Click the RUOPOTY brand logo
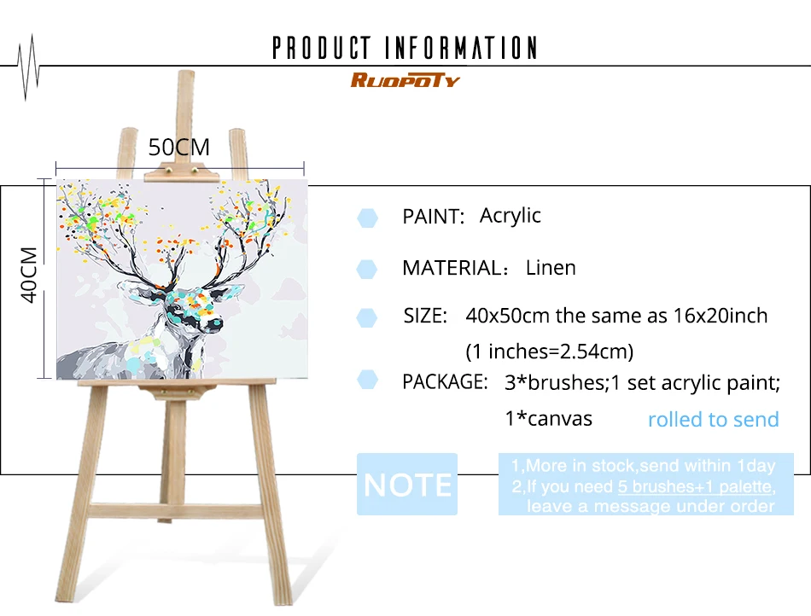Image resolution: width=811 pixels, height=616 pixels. coord(405,80)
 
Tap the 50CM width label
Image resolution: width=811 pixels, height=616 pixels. coord(179,148)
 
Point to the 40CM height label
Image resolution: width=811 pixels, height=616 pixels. coord(29,275)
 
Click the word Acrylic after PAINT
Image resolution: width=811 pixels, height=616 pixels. coord(510,216)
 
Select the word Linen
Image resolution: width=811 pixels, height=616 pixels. coord(551,268)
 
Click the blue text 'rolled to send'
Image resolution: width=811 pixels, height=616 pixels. coord(713,419)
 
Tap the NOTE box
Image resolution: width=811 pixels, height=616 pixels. coord(407,485)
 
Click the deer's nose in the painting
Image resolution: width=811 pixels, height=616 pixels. coord(216,324)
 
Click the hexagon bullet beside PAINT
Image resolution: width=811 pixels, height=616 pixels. coord(367,218)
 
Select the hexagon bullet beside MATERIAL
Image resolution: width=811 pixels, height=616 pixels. coord(367,269)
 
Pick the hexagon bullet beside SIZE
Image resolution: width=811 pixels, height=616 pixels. coord(367,317)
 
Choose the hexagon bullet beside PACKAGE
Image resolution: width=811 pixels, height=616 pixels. coord(367,380)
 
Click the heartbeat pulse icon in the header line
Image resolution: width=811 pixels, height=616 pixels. coord(28,67)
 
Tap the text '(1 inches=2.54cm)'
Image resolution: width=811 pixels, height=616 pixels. coord(549,352)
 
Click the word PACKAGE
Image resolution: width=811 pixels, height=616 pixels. coord(445,382)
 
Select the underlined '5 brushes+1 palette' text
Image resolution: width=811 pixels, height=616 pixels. coord(695,486)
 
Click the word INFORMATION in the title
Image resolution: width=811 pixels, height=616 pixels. coord(461,48)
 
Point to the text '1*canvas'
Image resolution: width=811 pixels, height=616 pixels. coord(548,419)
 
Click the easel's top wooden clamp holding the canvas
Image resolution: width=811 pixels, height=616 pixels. coord(182,172)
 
